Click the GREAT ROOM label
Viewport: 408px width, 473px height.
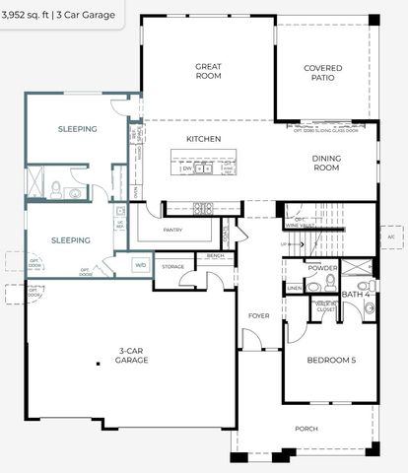point(208,71)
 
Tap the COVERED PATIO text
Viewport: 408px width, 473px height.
point(323,73)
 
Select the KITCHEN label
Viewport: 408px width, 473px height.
point(203,139)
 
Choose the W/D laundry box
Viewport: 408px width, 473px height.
point(140,265)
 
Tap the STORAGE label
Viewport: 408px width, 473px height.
point(173,267)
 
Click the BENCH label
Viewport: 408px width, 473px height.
point(215,256)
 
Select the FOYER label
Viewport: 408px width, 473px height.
point(258,316)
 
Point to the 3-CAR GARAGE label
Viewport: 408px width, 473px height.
point(134,356)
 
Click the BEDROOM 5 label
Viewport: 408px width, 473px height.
point(331,361)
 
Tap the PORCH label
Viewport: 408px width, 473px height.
point(306,429)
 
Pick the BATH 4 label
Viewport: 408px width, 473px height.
point(355,294)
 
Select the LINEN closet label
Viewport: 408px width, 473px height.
point(295,288)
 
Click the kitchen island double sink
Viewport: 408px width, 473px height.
point(204,169)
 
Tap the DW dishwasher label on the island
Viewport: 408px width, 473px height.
point(186,169)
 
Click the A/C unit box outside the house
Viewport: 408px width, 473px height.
point(391,237)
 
